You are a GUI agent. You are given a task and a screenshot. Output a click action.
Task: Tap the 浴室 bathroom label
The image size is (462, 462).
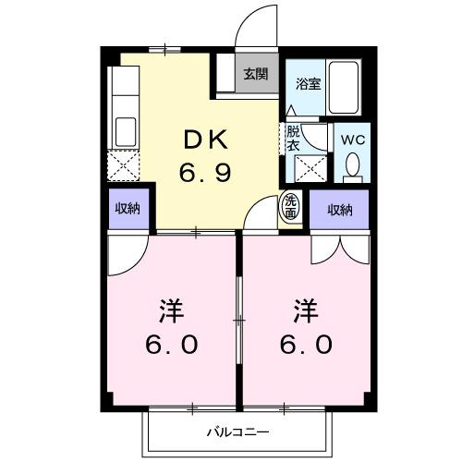pyautogui.click(x=307, y=83)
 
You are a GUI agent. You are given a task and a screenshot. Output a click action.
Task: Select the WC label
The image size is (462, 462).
pyautogui.click(x=353, y=140)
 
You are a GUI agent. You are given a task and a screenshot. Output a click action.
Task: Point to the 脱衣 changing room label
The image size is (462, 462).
pyautogui.click(x=293, y=139)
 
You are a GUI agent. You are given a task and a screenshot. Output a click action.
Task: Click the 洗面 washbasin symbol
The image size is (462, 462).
pyautogui.click(x=291, y=206)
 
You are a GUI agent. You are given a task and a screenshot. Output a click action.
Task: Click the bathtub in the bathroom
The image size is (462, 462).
pyautogui.click(x=346, y=87)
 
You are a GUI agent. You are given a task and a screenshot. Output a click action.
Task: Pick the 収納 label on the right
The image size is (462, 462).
pyautogui.click(x=340, y=210)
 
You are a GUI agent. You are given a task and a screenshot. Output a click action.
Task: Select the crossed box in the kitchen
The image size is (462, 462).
pyautogui.click(x=122, y=169)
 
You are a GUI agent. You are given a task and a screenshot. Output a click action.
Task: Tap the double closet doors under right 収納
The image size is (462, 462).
pyautogui.click(x=339, y=245)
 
